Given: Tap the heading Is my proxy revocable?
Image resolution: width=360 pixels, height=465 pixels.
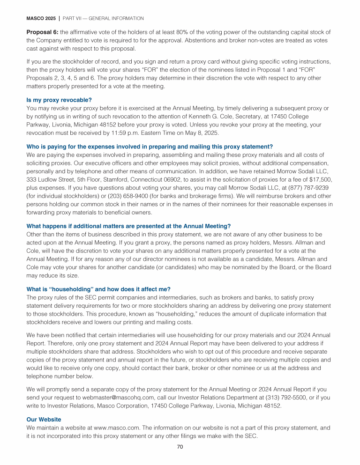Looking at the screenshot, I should coord(59,100).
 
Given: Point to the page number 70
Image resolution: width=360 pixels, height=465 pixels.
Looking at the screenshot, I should coord(180,447).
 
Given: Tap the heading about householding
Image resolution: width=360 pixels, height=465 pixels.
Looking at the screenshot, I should coord(98,289).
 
